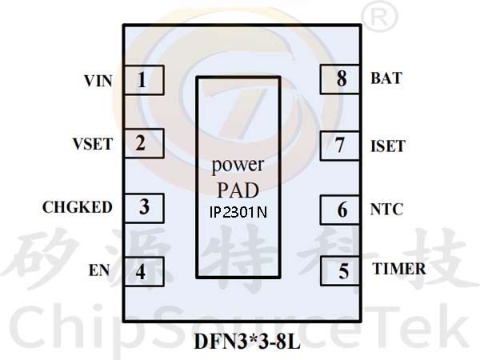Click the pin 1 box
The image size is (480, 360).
(x=143, y=80)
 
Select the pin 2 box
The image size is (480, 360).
(x=143, y=144)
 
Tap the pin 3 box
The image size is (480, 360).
(x=143, y=206)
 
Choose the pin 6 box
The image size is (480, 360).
(x=342, y=210)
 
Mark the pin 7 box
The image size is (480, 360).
(x=342, y=146)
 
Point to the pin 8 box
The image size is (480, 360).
(x=342, y=79)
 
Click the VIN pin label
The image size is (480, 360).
(x=98, y=81)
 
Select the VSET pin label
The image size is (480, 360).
(x=93, y=145)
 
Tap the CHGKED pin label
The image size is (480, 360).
(x=78, y=207)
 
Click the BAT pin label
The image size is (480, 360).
(x=386, y=79)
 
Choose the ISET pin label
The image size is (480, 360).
(x=388, y=146)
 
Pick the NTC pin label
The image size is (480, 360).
(x=387, y=210)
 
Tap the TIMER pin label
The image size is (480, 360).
(x=399, y=270)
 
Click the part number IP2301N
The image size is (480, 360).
(x=238, y=214)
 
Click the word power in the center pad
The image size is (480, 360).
(x=238, y=166)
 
